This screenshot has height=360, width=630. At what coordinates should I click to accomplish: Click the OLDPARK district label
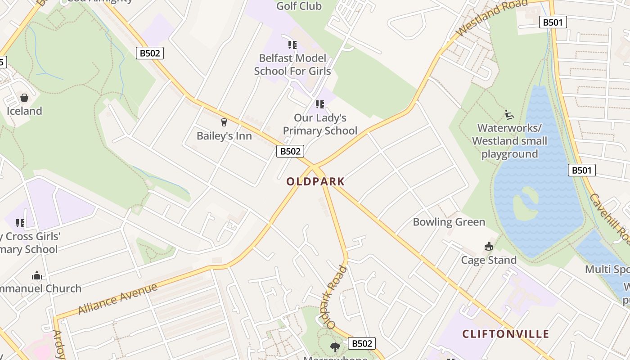pyautogui.click(x=315, y=181)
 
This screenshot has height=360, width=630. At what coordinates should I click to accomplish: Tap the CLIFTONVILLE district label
pyautogui.click(x=506, y=334)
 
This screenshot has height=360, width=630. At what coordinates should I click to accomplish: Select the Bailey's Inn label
pyautogui.click(x=224, y=135)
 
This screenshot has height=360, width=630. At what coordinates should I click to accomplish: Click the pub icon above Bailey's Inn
pyautogui.click(x=224, y=122)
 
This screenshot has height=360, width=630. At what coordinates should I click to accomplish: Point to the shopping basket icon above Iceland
pyautogui.click(x=24, y=98)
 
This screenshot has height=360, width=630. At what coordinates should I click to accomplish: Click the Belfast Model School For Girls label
pyautogui.click(x=292, y=65)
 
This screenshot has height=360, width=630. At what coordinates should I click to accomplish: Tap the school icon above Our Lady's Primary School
pyautogui.click(x=320, y=104)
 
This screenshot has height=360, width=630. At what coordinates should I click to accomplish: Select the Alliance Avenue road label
pyautogui.click(x=117, y=298)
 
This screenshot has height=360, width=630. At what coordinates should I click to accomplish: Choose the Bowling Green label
pyautogui.click(x=449, y=222)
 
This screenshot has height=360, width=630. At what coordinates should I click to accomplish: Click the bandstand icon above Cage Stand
pyautogui.click(x=489, y=246)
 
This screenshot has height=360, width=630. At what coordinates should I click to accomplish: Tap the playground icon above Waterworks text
pyautogui.click(x=509, y=115)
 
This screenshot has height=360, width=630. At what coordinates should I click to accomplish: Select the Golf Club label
pyautogui.click(x=299, y=6)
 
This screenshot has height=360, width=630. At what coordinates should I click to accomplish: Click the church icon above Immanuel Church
pyautogui.click(x=37, y=275)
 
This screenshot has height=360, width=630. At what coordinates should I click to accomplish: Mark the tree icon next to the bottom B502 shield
pyautogui.click(x=335, y=347)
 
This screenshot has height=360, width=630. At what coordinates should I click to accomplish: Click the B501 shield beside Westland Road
pyautogui.click(x=553, y=22)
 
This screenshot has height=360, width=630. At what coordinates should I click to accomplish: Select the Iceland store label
pyautogui.click(x=24, y=111)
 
